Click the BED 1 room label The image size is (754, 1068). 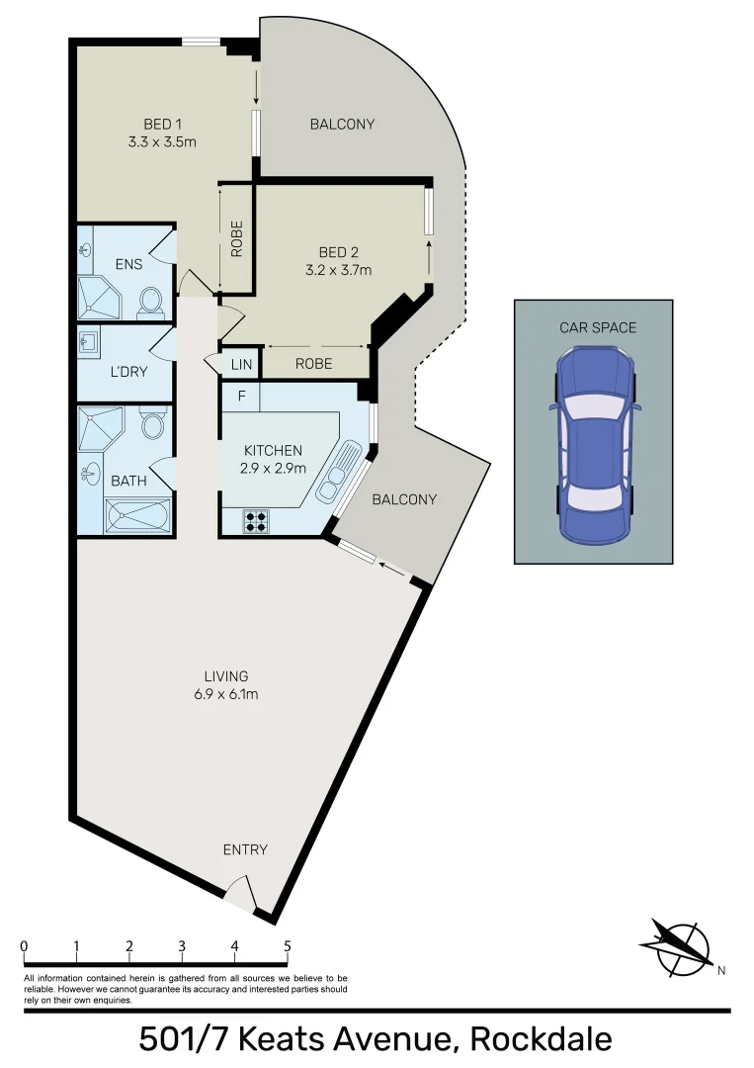tap(163, 124)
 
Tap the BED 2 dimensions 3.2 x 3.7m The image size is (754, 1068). tap(338, 269)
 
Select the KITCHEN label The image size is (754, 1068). tap(273, 451)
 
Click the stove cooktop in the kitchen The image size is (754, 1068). tap(256, 520)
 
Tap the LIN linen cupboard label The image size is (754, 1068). tap(242, 364)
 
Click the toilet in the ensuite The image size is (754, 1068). tap(151, 300)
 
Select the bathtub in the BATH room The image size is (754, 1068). tap(138, 516)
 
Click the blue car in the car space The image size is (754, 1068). tap(593, 447)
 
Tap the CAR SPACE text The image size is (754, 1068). tap(598, 327)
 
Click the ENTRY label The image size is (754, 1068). tap(245, 849)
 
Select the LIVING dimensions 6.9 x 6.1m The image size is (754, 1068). tap(227, 694)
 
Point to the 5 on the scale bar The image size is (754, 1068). tap(287, 946)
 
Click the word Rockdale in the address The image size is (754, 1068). tap(541, 1039)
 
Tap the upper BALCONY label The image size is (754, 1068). tap(342, 124)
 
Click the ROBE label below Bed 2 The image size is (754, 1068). tap(314, 364)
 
